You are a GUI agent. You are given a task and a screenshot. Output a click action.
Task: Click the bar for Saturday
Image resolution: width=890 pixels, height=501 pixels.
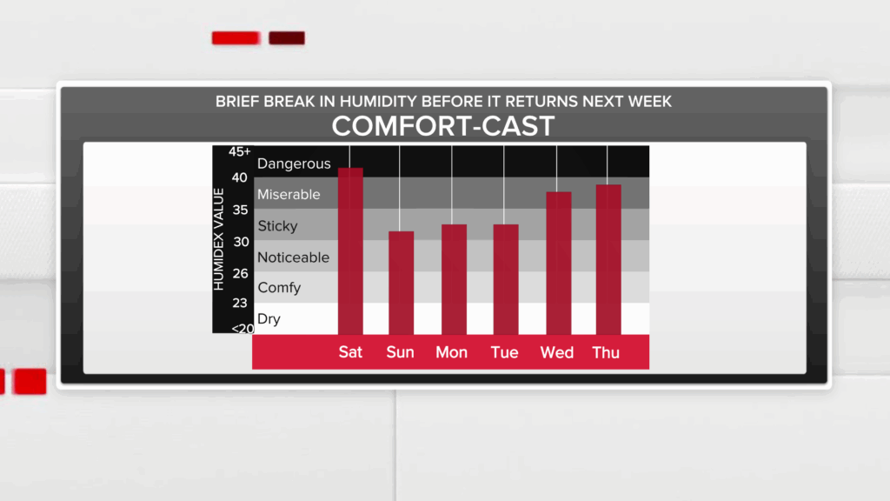[350, 251]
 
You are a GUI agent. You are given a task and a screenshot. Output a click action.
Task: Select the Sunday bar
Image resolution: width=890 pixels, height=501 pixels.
[402, 283]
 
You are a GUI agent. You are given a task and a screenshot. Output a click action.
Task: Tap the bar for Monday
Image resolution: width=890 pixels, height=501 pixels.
[454, 279]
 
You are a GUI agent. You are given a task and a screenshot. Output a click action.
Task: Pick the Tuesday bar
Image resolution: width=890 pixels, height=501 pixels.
[506, 279]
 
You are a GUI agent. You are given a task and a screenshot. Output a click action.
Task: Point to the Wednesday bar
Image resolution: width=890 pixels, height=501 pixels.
[559, 263]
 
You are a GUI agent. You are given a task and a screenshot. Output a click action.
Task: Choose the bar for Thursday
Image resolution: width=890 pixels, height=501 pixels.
[608, 259]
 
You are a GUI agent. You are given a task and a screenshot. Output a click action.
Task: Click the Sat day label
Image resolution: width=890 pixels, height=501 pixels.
[350, 352]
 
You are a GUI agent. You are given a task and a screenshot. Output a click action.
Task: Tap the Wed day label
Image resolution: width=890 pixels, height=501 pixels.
[557, 353]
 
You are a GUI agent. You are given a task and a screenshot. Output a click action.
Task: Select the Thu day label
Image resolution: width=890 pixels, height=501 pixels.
[606, 353]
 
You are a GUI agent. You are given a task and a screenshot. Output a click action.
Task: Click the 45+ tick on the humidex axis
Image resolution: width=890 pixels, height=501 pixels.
[240, 151]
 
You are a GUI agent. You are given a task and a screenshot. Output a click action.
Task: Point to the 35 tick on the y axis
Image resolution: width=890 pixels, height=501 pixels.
[240, 210]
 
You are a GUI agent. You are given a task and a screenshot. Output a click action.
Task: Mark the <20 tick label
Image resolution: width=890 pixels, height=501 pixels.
[242, 328]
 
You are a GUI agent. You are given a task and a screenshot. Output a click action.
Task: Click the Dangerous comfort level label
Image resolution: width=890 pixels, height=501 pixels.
[294, 164]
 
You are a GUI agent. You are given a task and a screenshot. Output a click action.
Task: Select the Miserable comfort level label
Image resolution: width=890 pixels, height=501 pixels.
[289, 194]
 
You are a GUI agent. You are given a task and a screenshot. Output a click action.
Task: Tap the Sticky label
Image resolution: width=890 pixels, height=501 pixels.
[277, 226]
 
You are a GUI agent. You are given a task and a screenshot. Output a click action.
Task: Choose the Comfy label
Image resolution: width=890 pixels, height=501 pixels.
[279, 288]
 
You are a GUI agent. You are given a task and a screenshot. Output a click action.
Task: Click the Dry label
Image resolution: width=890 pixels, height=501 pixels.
[269, 319]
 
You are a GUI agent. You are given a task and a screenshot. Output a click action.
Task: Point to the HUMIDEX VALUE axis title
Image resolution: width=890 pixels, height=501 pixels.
[218, 240]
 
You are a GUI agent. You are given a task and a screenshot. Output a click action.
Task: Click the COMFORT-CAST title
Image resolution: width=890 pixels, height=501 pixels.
[443, 126]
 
